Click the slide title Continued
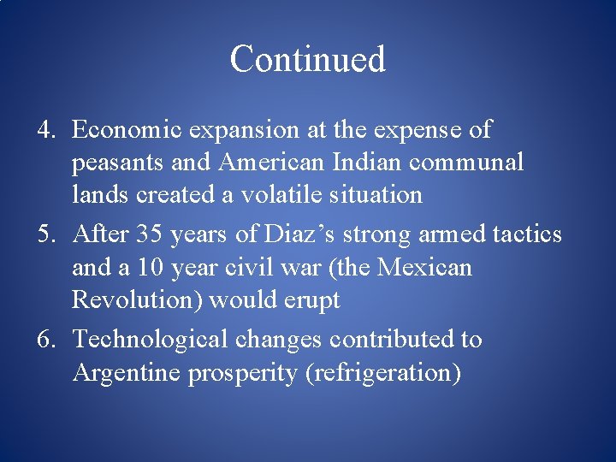pyautogui.click(x=308, y=60)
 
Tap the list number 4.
pyautogui.click(x=46, y=130)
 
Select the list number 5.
pyautogui.click(x=46, y=234)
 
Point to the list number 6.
pyautogui.click(x=46, y=340)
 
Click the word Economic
pyautogui.click(x=127, y=130)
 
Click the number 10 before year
pyautogui.click(x=151, y=268)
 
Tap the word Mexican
pyautogui.click(x=424, y=268)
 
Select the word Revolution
pyautogui.click(x=137, y=300)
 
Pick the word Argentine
pyautogui.click(x=127, y=373)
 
